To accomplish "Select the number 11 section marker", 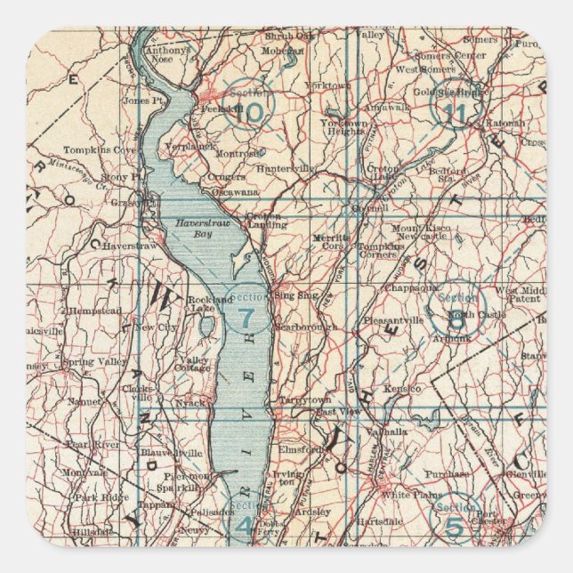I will click(x=455, y=112).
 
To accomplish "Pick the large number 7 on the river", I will click(x=246, y=317).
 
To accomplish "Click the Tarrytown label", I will click(x=303, y=401).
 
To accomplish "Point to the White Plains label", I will click(x=404, y=495).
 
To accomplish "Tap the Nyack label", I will click(x=191, y=403).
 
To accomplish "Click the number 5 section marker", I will click(x=455, y=525).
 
